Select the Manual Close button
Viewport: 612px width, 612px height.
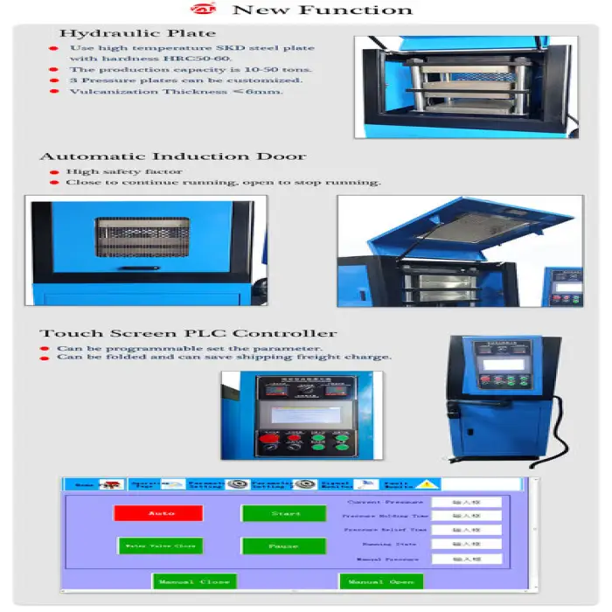pyautogui.click(x=193, y=581)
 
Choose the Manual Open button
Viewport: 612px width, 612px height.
pyautogui.click(x=380, y=581)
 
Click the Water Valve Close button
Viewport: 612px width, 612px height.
pyautogui.click(x=160, y=546)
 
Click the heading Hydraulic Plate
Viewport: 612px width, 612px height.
pyautogui.click(x=137, y=34)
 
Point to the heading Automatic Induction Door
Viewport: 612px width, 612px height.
pyautogui.click(x=172, y=156)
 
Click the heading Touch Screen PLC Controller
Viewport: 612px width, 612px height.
pyautogui.click(x=188, y=333)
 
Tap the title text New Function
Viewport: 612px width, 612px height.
pyautogui.click(x=323, y=10)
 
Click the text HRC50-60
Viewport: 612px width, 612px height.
pyautogui.click(x=178, y=58)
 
